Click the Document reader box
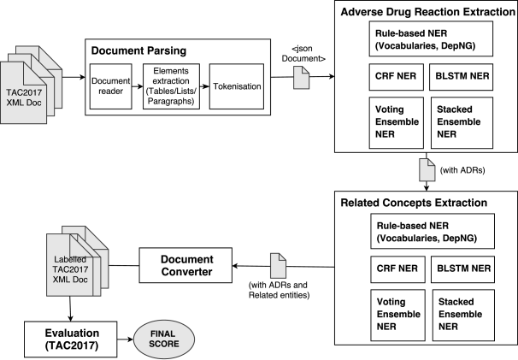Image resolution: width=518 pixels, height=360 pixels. pyautogui.click(x=110, y=86)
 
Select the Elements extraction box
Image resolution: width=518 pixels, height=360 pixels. pyautogui.click(x=171, y=86)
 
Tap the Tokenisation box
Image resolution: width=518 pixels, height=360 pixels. pyautogui.click(x=237, y=86)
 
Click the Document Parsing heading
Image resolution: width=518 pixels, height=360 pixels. pyautogui.click(x=138, y=50)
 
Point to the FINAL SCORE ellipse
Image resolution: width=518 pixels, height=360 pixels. pyautogui.click(x=164, y=339)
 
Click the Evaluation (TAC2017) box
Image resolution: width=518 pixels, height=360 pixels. pyautogui.click(x=71, y=339)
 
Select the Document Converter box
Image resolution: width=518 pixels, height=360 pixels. pyautogui.click(x=185, y=265)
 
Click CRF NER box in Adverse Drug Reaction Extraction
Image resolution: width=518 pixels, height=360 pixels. pyautogui.click(x=396, y=77)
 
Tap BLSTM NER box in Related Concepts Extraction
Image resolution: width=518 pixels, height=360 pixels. pyautogui.click(x=463, y=269)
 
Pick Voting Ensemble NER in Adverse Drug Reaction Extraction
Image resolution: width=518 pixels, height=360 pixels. pyautogui.click(x=396, y=122)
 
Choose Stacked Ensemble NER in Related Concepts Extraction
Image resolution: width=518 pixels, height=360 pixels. pyautogui.click(x=463, y=315)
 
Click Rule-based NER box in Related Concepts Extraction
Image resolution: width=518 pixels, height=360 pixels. pyautogui.click(x=433, y=231)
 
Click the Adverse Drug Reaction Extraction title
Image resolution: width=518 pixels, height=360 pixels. pyautogui.click(x=427, y=12)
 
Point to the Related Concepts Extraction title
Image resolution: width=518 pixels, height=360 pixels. pyautogui.click(x=414, y=203)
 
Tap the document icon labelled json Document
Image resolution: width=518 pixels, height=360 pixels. pyautogui.click(x=301, y=77)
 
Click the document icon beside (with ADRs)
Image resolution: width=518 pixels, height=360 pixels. pyautogui.click(x=427, y=169)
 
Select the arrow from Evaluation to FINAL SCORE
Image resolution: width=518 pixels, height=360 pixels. pyautogui.click(x=125, y=339)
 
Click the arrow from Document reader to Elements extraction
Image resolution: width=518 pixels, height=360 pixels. pyautogui.click(x=138, y=86)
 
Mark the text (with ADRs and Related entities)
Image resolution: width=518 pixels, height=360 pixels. pyautogui.click(x=280, y=290)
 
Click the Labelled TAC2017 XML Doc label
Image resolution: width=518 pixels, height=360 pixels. pyautogui.click(x=70, y=269)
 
